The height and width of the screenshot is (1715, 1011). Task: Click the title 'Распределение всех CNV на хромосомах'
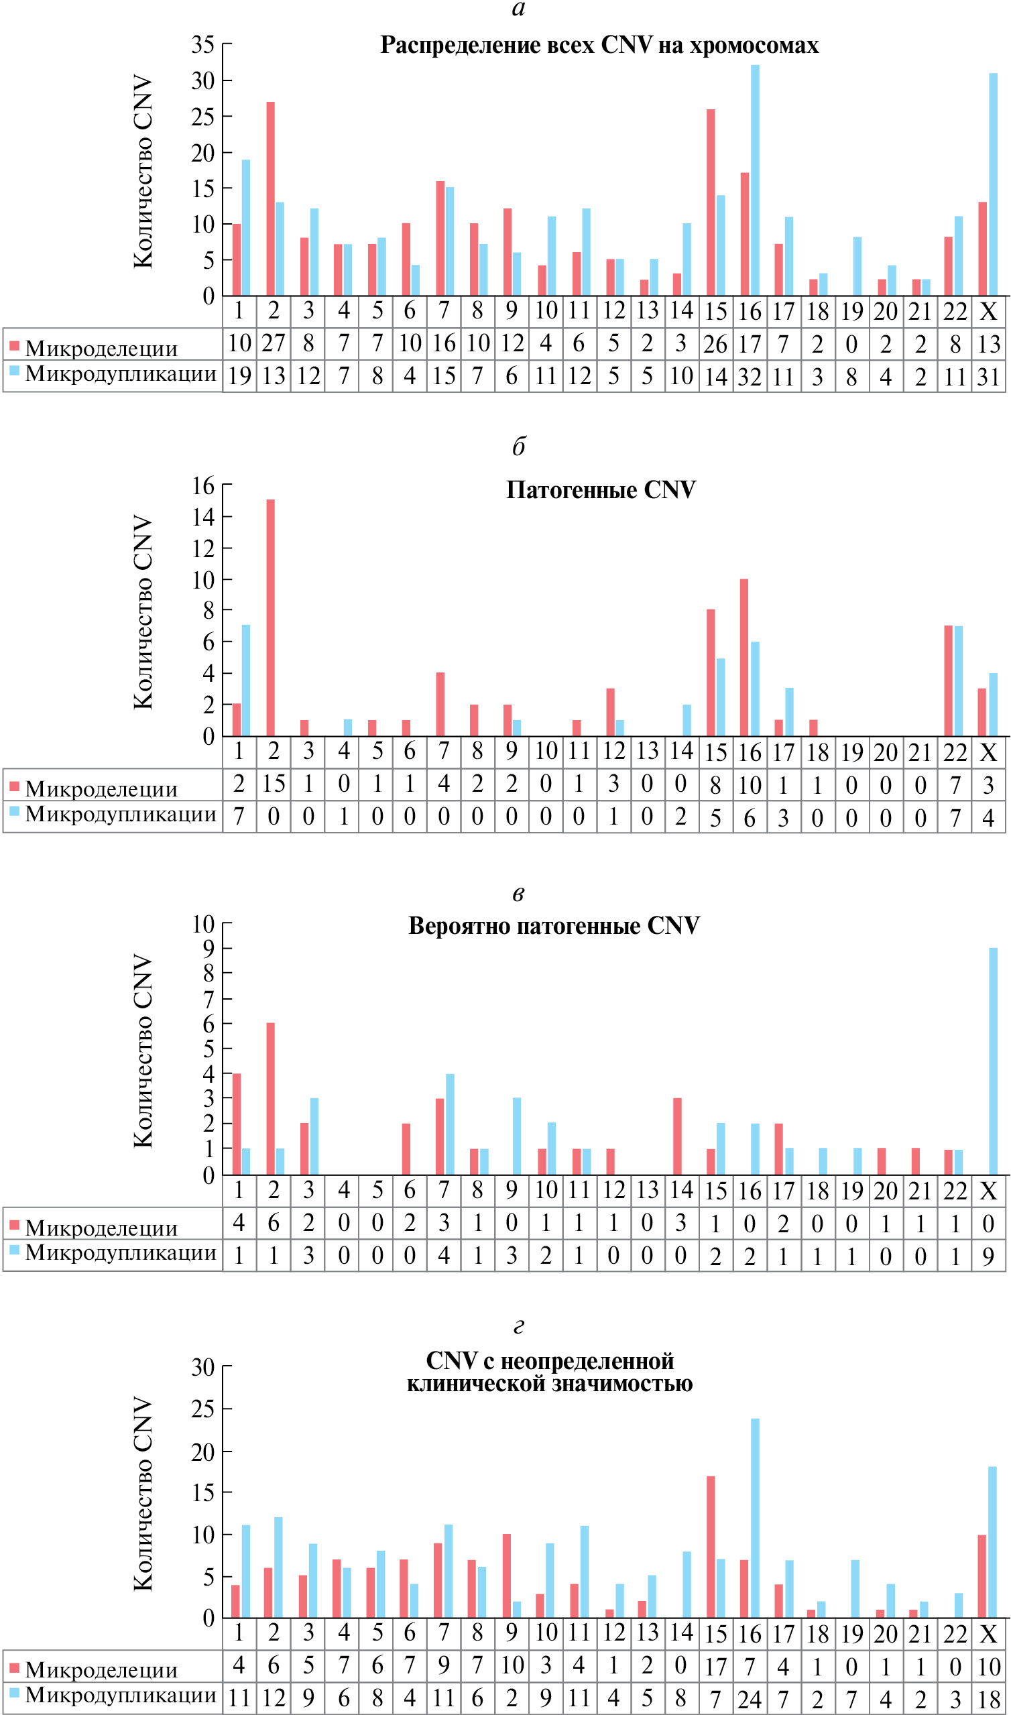599,45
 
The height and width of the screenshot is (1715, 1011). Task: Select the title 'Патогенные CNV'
600,490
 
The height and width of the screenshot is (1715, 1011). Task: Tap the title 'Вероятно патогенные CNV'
553,927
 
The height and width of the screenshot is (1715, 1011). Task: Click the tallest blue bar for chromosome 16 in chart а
755,180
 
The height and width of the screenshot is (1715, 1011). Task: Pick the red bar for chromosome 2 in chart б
270,617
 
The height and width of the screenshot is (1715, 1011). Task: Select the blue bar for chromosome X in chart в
993,1061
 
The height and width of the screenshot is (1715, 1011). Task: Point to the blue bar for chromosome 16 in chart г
755,1519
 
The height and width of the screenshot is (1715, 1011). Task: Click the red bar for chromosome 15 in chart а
711,202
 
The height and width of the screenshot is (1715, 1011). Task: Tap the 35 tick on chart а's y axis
203,45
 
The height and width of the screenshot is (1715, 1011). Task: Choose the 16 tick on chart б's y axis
203,486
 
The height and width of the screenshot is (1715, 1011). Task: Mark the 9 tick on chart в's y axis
209,948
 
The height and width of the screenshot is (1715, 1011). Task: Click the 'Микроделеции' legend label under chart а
101,349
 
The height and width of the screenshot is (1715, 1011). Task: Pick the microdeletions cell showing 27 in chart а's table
273,343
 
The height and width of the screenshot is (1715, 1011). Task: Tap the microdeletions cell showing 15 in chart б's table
273,784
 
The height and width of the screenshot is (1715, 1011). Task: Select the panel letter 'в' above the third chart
518,894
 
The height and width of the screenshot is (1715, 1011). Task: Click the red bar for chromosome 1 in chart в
237,1124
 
